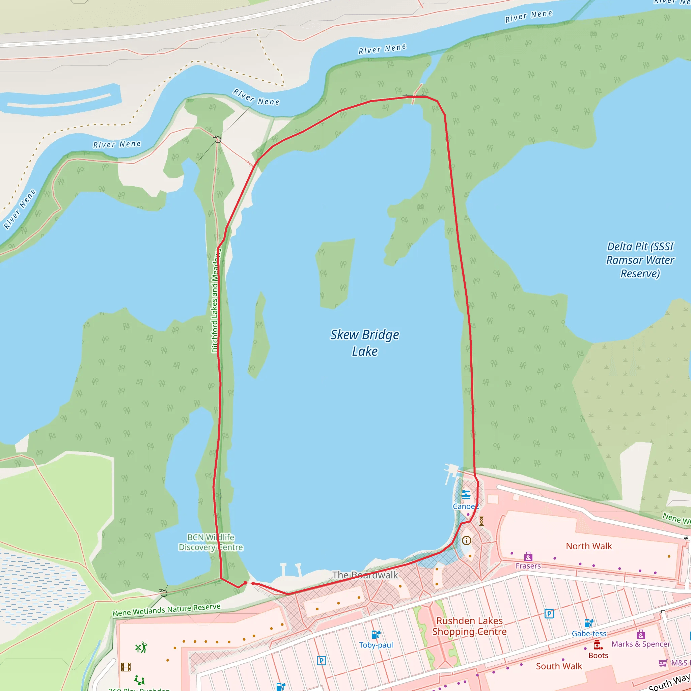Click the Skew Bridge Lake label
(364, 343)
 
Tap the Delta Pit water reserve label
(640, 260)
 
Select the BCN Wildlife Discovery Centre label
(211, 542)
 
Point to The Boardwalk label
(365, 575)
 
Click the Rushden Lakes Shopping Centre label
(469, 626)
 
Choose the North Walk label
(589, 546)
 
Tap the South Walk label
(559, 666)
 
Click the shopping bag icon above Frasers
(528, 556)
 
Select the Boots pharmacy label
(598, 655)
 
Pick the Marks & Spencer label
(641, 644)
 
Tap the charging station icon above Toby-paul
(376, 635)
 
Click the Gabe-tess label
(589, 633)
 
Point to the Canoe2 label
(465, 506)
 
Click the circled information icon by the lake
(466, 541)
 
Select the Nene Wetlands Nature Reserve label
(166, 610)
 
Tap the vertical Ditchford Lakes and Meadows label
(215, 300)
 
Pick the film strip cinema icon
(126, 667)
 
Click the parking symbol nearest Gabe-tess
(549, 614)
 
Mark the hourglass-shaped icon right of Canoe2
(481, 521)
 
